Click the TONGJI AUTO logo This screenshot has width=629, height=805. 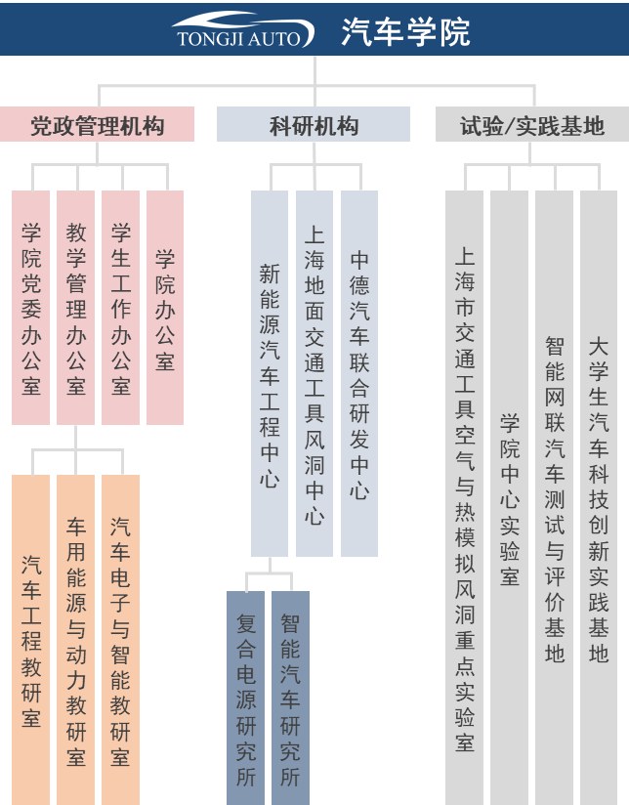pyautogui.click(x=242, y=30)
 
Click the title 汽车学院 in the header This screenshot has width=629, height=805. pyautogui.click(x=405, y=32)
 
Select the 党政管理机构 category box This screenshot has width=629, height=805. pyautogui.click(x=97, y=125)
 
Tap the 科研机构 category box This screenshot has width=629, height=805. pyautogui.click(x=314, y=125)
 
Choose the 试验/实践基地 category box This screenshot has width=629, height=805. pyautogui.click(x=531, y=125)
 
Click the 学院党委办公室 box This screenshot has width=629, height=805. pyautogui.click(x=31, y=308)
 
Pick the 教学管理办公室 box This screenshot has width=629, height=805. pyautogui.click(x=76, y=308)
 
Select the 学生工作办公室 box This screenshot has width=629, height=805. pyautogui.click(x=121, y=308)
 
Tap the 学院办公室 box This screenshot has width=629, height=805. pyautogui.click(x=165, y=308)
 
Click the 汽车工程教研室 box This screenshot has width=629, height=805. pyautogui.click(x=31, y=640)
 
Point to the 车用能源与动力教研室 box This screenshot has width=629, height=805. pyautogui.click(x=76, y=640)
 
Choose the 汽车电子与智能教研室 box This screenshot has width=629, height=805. pyautogui.click(x=121, y=640)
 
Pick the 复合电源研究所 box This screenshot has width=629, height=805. pyautogui.click(x=246, y=698)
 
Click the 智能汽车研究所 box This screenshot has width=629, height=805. pyautogui.click(x=290, y=698)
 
